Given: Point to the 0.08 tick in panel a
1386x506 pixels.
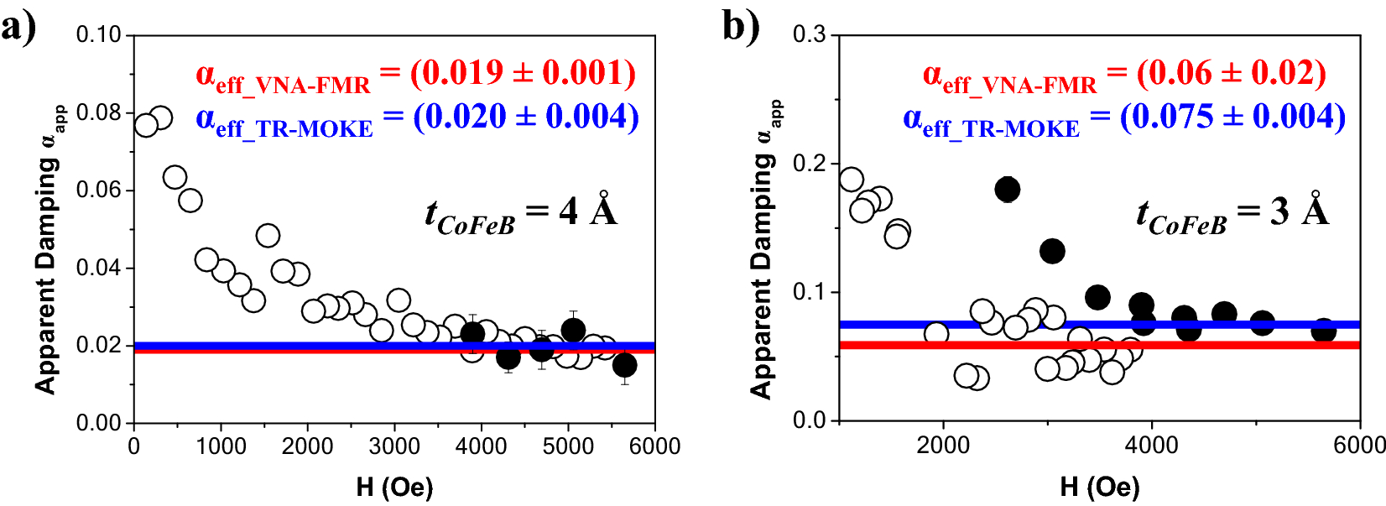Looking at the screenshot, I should coord(98,112).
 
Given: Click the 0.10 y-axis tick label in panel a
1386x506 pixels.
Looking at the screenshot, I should coord(98,35).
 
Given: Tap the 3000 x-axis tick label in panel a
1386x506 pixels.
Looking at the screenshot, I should coord(394,446).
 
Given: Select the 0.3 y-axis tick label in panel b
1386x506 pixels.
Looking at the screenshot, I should coord(810,34).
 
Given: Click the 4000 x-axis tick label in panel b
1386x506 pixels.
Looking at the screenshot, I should coord(1151,445).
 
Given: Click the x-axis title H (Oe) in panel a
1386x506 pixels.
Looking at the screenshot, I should coord(394,487).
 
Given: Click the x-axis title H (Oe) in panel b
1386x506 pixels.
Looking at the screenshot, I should coord(1100,487).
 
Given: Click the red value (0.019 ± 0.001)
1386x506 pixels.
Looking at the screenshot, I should coord(522,73).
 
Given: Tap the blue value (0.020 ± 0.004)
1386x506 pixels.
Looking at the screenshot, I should coord(525,116).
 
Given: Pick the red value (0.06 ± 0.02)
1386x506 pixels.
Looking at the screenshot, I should coord(1231,73).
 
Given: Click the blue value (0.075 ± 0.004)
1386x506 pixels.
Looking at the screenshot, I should coord(1232,116).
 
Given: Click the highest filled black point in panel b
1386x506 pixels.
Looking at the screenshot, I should coord(1008,190).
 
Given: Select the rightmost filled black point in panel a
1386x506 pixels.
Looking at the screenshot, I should coord(624,365).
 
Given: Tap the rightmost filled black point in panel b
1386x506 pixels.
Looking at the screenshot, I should coord(1323,331).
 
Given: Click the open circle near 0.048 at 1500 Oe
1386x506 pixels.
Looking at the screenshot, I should coord(268,236).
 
